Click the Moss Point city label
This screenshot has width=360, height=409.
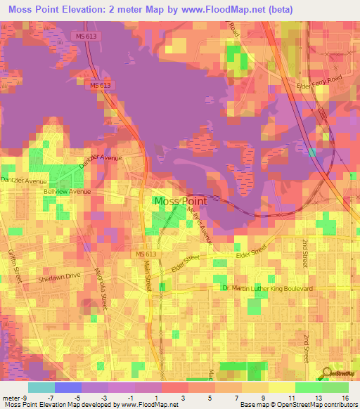(180, 202)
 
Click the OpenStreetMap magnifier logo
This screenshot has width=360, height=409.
(327, 373)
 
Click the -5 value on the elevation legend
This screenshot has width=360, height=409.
(86, 398)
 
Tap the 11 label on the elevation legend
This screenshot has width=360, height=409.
(290, 398)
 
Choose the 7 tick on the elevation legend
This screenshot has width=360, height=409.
(237, 398)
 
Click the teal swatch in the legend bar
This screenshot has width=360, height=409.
(41, 387)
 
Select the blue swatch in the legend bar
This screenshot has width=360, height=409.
(68, 387)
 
